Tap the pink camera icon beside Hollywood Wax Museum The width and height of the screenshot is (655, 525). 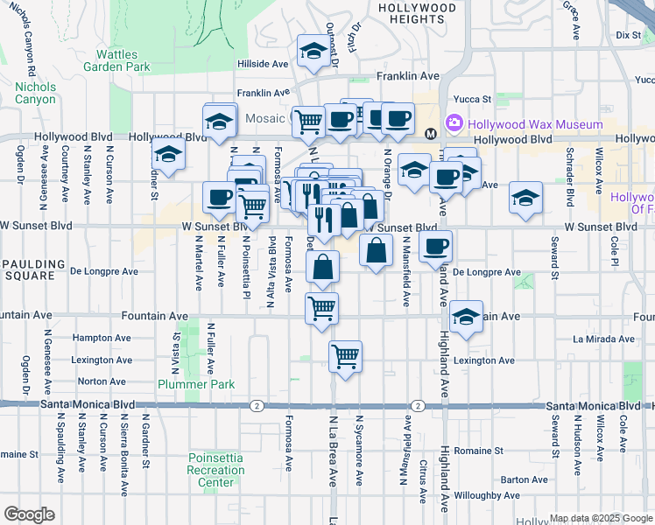click(454, 123)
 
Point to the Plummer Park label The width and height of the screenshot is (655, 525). click(185, 384)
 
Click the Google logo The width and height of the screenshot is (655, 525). click(29, 514)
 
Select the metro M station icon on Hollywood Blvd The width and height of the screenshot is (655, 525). click(430, 134)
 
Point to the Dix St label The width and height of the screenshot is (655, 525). click(629, 35)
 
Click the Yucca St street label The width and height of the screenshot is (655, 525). click(473, 99)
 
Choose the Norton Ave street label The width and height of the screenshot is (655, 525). click(102, 381)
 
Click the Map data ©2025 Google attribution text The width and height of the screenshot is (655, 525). click(601, 518)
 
